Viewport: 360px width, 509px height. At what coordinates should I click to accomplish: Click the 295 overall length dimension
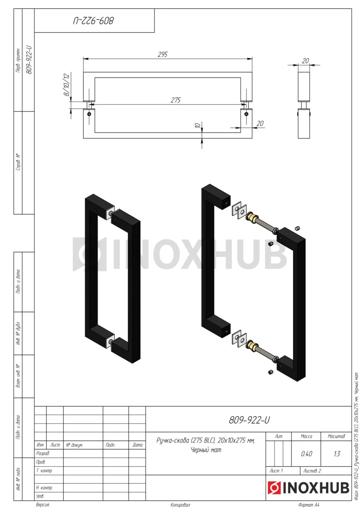click(163, 54)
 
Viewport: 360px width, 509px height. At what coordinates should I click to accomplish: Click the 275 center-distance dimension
click(176, 100)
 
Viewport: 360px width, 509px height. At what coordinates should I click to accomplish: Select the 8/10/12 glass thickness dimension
click(67, 85)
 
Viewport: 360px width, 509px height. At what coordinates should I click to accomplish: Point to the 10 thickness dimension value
click(198, 125)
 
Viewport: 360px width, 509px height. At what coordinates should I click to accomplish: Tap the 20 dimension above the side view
click(305, 61)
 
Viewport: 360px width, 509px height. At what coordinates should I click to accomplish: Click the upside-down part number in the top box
click(93, 21)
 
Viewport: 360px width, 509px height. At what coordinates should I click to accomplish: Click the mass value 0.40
click(306, 454)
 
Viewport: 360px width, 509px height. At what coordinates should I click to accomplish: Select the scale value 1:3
click(337, 454)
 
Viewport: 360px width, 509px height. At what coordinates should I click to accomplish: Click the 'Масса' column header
click(306, 436)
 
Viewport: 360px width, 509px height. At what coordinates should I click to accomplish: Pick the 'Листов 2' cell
click(312, 470)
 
